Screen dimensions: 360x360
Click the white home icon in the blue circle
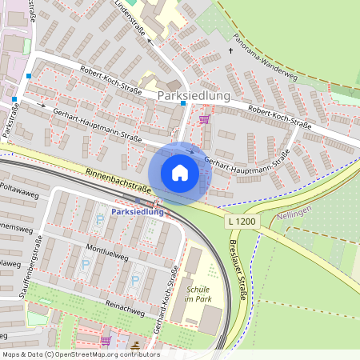180,173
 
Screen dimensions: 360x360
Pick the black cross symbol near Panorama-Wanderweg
231,50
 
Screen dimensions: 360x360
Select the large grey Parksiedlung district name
194,95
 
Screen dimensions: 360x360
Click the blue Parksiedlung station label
138,212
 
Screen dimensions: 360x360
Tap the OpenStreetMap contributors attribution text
80,354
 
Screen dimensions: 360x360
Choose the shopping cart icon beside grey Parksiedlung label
204,119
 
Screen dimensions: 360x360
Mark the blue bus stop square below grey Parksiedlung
183,102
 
